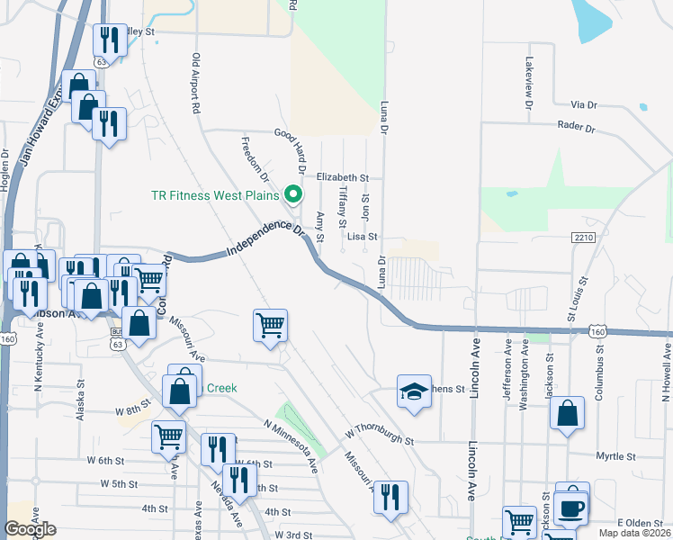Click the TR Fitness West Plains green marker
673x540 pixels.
click(x=292, y=193)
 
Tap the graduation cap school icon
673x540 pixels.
click(x=414, y=391)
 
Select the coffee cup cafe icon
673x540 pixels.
click(x=571, y=507)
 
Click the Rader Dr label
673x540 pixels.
click(x=577, y=128)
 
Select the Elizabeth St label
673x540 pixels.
click(x=343, y=178)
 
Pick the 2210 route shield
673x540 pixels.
click(x=583, y=237)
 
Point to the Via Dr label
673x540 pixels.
click(x=584, y=105)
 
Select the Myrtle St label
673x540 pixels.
click(x=618, y=456)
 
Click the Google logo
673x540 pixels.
click(x=31, y=529)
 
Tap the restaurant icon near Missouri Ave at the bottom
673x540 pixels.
click(x=390, y=497)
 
